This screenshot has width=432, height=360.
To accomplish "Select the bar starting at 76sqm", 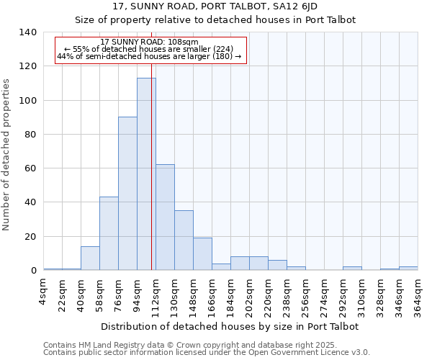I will tap(127, 194).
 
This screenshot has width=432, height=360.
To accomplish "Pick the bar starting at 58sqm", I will tap(109, 233).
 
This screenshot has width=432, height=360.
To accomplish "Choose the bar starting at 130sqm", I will tap(184, 240).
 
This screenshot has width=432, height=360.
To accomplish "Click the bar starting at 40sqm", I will tap(90, 258).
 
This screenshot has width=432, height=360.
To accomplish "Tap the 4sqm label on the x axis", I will tap(44, 291).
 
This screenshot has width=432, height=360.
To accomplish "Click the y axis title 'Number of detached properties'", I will tap(6, 155).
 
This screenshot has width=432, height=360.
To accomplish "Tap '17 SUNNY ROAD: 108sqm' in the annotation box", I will tap(150, 42).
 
